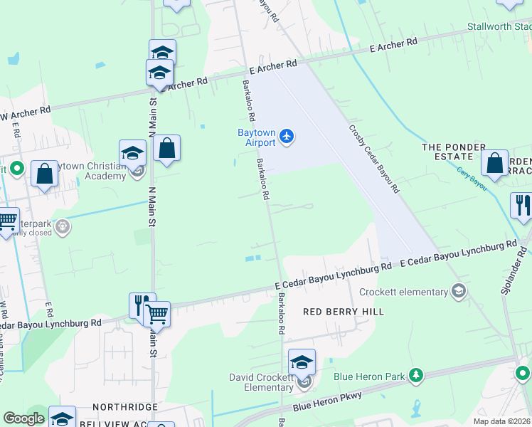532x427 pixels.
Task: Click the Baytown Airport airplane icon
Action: (x=286, y=135)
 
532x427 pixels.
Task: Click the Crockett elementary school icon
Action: (x=459, y=291)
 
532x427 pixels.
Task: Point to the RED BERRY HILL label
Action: (x=344, y=312)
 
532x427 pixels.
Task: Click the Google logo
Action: (x=23, y=418)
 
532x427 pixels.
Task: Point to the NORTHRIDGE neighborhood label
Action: (x=124, y=406)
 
